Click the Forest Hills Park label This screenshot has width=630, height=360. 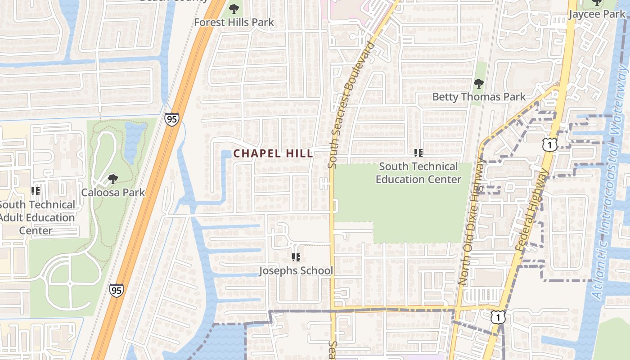coord(234,22)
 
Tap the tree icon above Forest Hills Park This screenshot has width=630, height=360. coord(234,9)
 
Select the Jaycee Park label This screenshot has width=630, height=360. coord(597,14)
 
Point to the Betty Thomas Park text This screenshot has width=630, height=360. coord(479,97)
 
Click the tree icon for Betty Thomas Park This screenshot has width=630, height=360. coord(479,84)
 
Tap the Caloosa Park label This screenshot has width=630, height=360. coord(113,193)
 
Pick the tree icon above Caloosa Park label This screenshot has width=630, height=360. coord(113,179)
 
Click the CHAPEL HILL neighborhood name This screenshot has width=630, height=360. coord(273,153)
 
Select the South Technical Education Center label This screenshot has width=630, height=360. coord(418,173)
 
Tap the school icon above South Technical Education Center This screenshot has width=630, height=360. coord(418,153)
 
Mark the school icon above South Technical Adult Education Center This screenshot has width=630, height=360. coord(36,191)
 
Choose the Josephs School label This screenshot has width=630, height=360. coord(296,270)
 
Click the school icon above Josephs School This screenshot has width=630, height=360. coord(296,257)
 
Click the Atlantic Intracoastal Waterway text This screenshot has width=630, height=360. coord(611,180)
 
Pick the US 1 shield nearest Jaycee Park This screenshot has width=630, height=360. coord(550,144)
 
